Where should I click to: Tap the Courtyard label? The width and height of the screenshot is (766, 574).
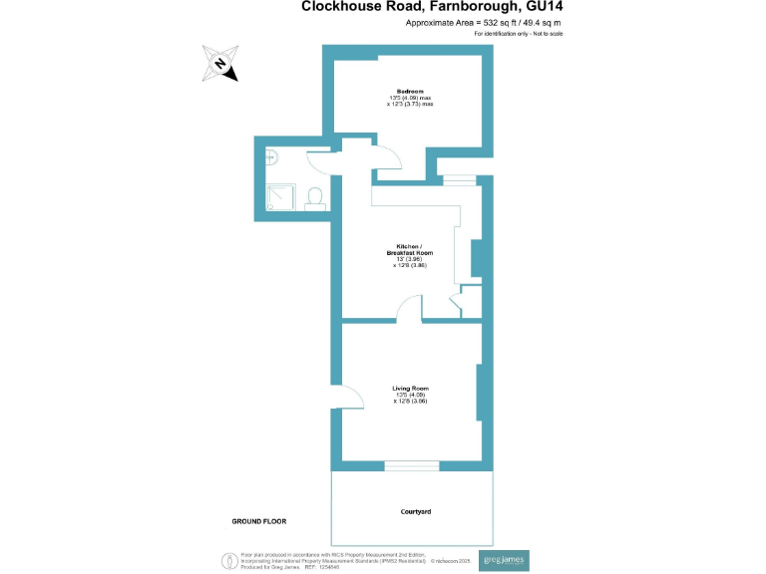click(x=416, y=511)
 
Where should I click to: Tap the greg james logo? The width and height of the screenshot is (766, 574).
click(x=504, y=559)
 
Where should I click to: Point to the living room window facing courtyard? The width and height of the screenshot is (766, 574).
click(x=411, y=462)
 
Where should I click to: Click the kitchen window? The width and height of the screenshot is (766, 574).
click(x=460, y=180)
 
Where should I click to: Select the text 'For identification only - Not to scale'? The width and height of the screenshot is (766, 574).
click(x=519, y=35)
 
